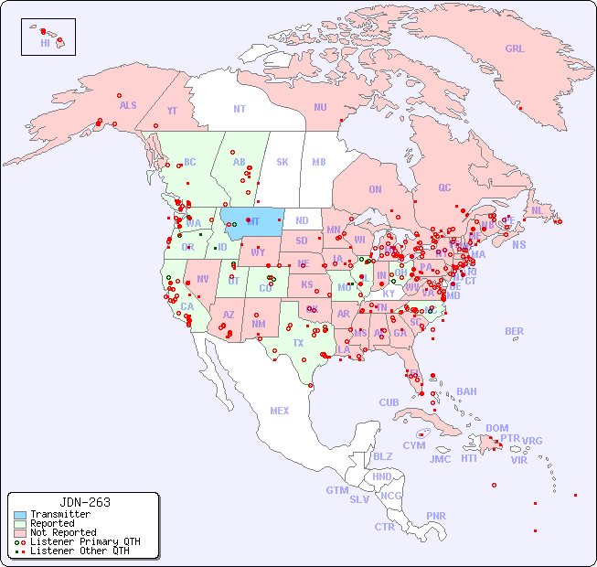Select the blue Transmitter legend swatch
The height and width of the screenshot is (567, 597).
19,515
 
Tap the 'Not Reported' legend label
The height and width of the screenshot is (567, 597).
62,532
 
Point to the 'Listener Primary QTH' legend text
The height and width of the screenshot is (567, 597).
84,541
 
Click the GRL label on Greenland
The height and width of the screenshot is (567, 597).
515,49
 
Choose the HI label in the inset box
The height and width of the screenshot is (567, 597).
45,43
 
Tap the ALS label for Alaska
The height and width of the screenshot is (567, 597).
128,106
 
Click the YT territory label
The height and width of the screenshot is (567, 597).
172,111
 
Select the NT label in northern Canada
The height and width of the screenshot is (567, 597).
239,109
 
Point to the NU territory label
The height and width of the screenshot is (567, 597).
320,107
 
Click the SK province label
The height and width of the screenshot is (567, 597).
283,163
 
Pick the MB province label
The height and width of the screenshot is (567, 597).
318,163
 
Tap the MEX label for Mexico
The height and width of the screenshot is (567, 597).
279,411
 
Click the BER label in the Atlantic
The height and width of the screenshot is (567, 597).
514,331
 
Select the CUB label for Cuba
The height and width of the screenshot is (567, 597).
389,402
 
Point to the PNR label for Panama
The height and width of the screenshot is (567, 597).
436,516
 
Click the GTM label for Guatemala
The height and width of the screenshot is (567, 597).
336,490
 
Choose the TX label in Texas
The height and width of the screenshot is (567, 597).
298,343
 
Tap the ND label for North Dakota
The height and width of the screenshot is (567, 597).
302,220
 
